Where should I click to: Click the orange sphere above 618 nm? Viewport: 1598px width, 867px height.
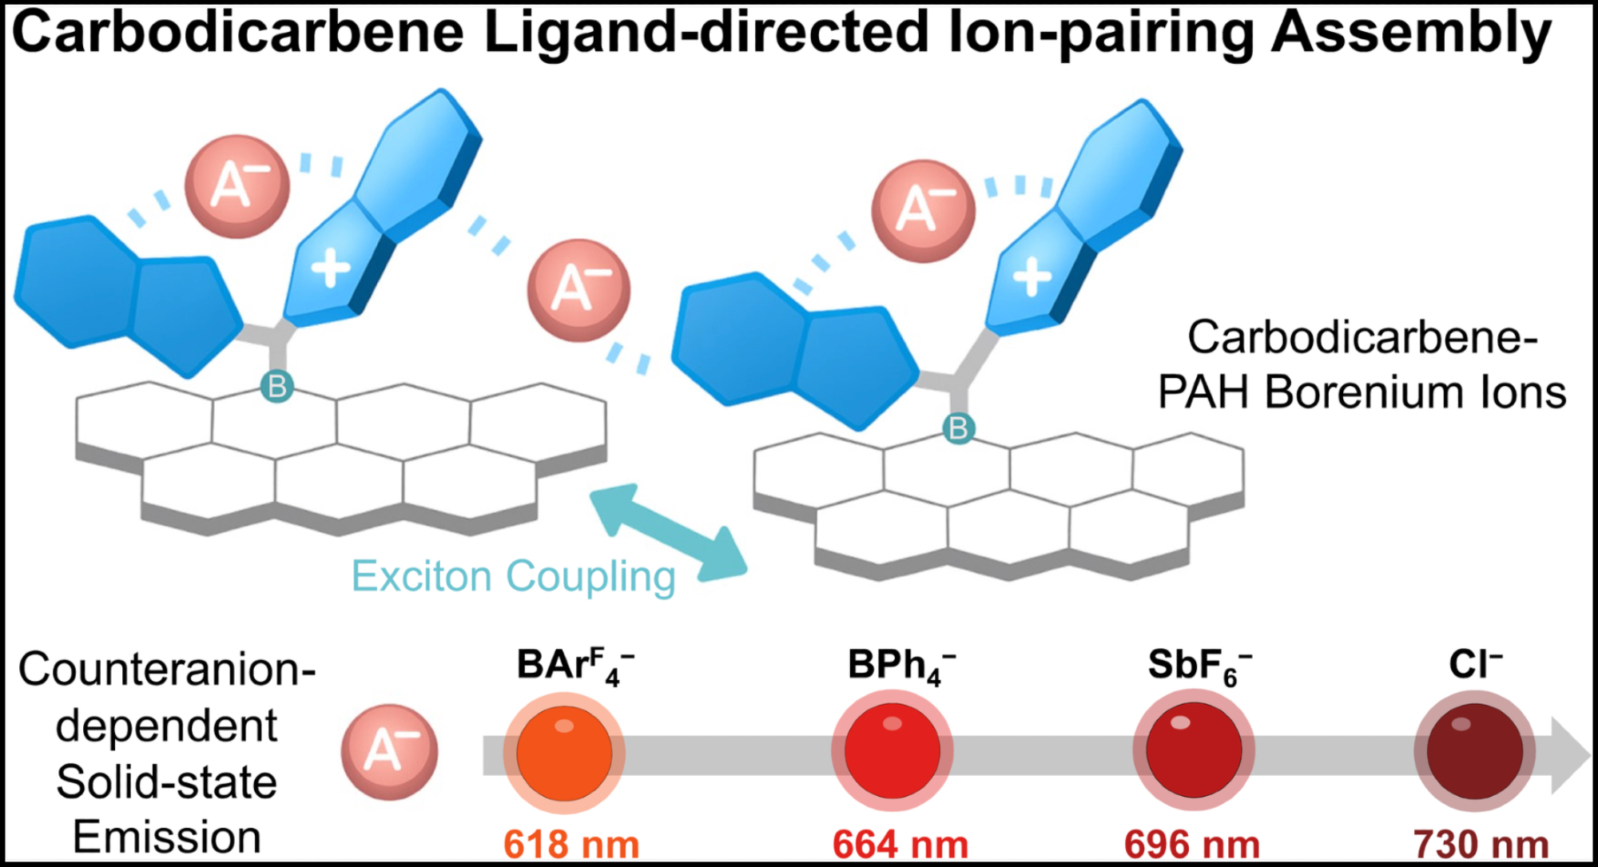pos(564,753)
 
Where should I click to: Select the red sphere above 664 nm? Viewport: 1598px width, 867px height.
pos(892,751)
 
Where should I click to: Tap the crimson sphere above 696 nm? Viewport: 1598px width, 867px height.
pos(1194,750)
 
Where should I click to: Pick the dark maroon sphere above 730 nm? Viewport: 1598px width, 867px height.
pos(1475,751)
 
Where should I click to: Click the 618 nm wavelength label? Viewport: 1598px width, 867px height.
pos(571,845)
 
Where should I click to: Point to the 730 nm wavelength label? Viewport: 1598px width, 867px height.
pos(1481,845)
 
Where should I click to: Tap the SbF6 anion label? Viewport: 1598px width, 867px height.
pos(1198,666)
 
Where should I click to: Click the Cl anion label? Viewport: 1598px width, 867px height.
pos(1475,664)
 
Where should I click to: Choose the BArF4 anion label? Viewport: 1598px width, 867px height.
pos(574,666)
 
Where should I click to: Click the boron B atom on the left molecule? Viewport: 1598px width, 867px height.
pos(277,387)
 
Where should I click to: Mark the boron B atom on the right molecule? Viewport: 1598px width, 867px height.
pos(958,429)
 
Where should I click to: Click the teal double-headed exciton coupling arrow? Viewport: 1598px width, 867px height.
pos(668,532)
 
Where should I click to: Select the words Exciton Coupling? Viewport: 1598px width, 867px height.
pos(513,576)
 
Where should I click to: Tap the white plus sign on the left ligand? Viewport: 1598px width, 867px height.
pos(331,268)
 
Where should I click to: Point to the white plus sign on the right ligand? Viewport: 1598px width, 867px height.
pos(1032,277)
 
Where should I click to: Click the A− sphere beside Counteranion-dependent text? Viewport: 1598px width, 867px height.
pos(390,751)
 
